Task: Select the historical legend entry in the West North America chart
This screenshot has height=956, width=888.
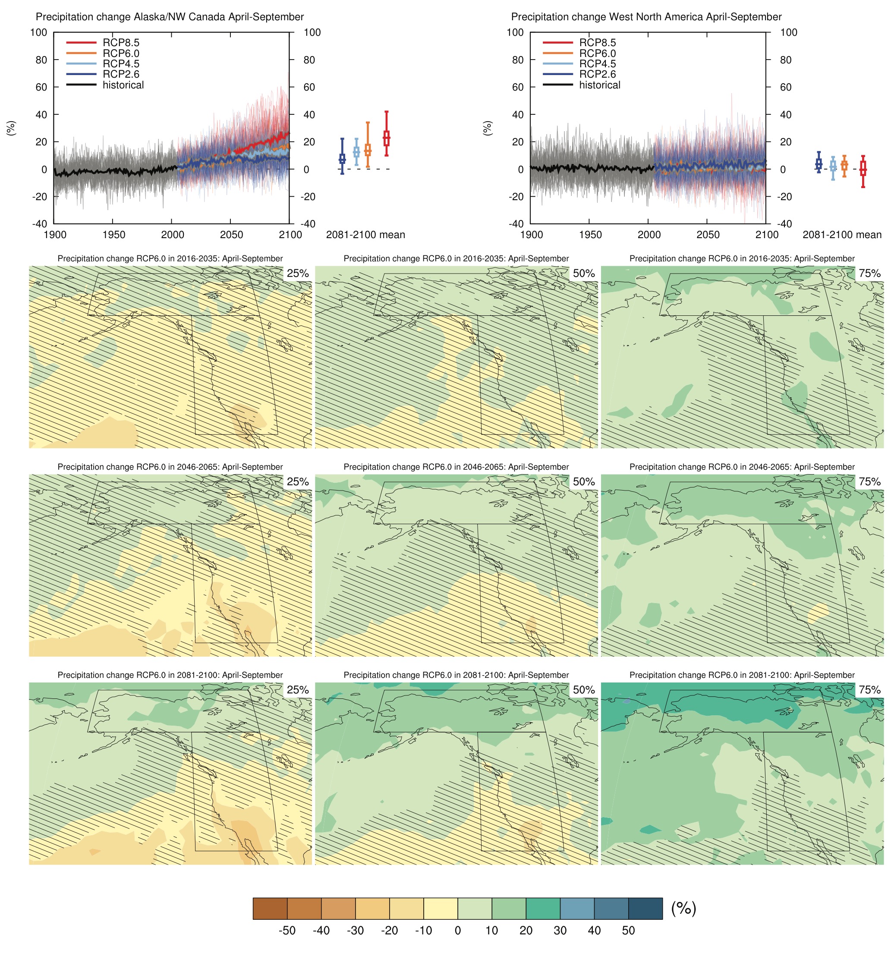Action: tap(599, 85)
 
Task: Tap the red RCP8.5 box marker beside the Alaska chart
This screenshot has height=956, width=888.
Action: tap(386, 138)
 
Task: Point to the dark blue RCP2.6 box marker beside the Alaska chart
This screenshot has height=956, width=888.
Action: tap(342, 158)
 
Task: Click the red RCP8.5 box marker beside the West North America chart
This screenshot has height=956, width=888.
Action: tap(863, 169)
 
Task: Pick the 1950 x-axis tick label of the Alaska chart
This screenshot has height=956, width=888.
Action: tap(113, 235)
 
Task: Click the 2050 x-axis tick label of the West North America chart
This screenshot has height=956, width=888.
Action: tap(707, 235)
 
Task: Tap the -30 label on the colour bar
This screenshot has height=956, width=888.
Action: tap(355, 931)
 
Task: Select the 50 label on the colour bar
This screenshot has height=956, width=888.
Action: tap(628, 931)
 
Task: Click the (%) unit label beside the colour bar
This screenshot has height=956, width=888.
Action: tap(683, 908)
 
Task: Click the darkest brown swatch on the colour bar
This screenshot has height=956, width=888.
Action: tap(270, 909)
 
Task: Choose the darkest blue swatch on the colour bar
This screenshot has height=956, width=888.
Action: tap(646, 909)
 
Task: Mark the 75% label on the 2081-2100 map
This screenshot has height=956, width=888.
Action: tap(869, 690)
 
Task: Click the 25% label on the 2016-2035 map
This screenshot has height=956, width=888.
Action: tap(297, 274)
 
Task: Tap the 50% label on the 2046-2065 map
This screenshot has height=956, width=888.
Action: tap(583, 482)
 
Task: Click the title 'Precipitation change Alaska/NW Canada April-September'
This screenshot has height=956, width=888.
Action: tap(170, 17)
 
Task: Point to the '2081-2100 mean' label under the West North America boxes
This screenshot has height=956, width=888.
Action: tap(842, 235)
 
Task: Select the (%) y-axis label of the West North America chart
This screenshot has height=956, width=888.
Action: tap(487, 128)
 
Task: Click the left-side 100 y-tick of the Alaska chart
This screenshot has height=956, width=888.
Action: tap(38, 33)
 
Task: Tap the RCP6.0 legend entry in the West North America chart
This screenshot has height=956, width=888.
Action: tap(597, 53)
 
